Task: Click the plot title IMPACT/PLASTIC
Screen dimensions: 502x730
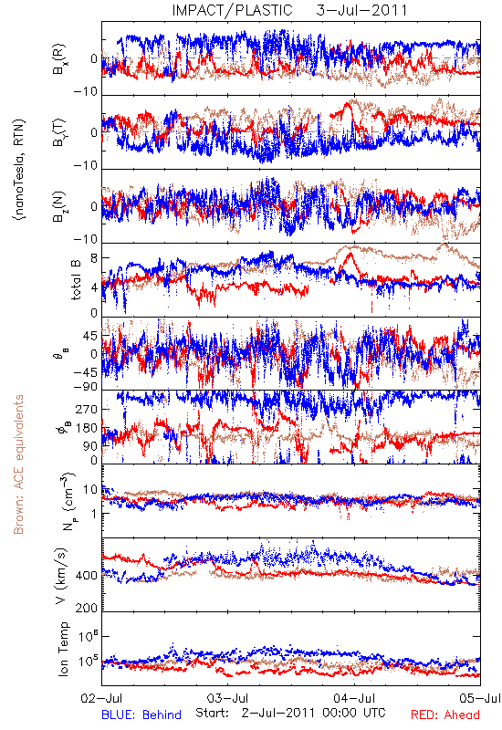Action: click(233, 10)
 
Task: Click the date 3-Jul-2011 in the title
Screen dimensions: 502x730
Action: click(361, 10)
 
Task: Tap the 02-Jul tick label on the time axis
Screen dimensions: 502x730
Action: click(101, 698)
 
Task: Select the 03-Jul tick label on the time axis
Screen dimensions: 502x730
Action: click(227, 698)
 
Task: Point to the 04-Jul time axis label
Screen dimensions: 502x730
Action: click(354, 698)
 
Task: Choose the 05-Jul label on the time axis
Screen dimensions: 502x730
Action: click(480, 698)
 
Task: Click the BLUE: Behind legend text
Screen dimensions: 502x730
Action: click(141, 714)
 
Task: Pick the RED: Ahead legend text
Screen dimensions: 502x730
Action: click(444, 714)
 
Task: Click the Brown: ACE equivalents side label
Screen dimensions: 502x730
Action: click(18, 464)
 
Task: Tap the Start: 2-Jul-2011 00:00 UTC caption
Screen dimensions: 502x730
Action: click(290, 713)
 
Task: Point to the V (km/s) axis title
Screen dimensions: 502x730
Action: click(61, 577)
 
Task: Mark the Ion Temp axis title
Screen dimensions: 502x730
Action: click(63, 649)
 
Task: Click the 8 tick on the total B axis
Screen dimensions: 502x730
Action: click(94, 258)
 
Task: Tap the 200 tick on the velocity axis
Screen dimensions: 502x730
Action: click(87, 608)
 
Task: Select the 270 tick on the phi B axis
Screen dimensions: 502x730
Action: click(87, 409)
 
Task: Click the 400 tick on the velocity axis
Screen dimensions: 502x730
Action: click(87, 576)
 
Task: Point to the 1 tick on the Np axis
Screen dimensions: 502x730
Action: click(95, 514)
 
